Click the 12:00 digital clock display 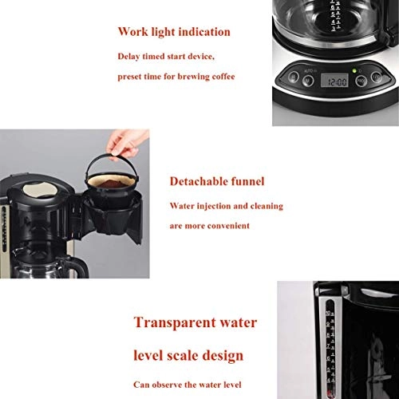(337, 81)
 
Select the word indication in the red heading (202, 33)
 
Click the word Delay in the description (131, 57)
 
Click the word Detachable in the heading (196, 181)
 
